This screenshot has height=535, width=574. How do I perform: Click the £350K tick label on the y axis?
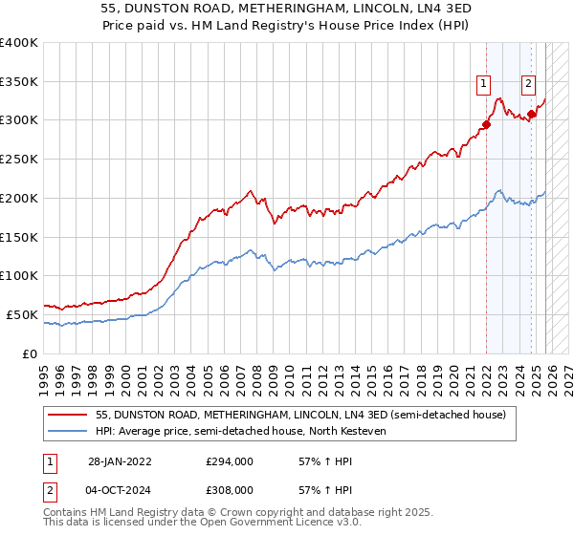coord(19,81)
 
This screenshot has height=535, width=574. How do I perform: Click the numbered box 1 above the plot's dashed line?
coord(485,83)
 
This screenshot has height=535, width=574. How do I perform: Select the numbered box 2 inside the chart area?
coord(528,83)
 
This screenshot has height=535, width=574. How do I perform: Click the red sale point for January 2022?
coord(486,124)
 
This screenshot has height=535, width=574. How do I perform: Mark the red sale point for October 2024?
coord(531,114)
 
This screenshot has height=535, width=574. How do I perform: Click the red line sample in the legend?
coord(68,416)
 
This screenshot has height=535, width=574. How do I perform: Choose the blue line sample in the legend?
coord(68,432)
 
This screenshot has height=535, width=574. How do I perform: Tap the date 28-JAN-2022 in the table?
coord(121,460)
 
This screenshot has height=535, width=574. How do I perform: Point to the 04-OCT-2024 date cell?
coord(121,489)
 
